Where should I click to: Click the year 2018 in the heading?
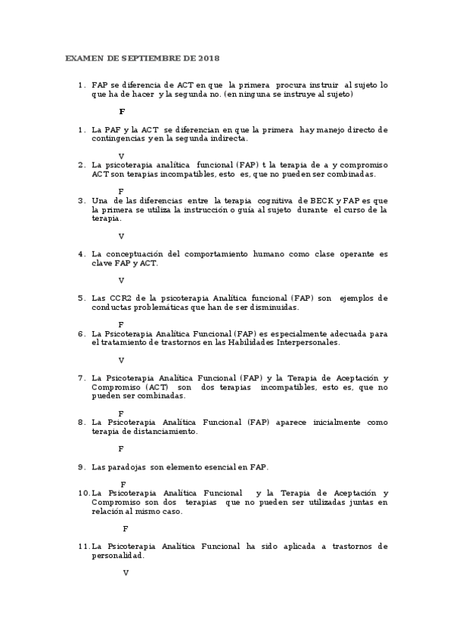209,58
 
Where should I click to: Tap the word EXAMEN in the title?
82,58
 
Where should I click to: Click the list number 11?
83,546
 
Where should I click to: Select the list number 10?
83,493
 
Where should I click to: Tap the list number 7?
81,377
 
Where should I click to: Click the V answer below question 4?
121,280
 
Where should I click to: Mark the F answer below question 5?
121,324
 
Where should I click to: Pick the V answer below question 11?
126,572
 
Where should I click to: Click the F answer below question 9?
123,484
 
